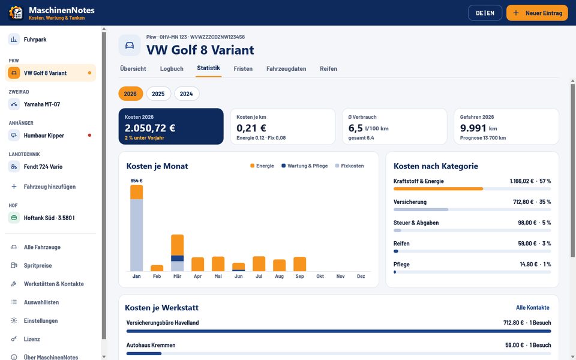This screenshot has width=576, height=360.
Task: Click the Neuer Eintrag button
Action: coord(536,13)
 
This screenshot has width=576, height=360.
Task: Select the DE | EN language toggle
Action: coord(485,13)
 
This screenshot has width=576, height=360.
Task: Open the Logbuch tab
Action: coord(172,68)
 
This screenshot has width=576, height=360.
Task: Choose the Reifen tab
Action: coord(328,68)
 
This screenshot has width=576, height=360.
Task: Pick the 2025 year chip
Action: coord(158,94)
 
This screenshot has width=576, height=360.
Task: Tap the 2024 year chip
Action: coord(186,94)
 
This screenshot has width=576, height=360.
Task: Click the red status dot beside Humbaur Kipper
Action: coord(89,135)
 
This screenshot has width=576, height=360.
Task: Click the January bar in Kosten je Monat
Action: coord(137,228)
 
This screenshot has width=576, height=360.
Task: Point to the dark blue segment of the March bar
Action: coord(178,258)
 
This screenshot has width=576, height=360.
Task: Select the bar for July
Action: coord(259,264)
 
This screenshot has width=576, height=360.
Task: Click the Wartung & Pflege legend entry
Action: coord(305,166)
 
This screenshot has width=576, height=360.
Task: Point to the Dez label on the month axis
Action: coord(361,276)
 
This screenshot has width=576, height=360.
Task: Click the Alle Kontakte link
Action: coord(533,307)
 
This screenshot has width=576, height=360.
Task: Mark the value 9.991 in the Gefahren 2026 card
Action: coord(473,128)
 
